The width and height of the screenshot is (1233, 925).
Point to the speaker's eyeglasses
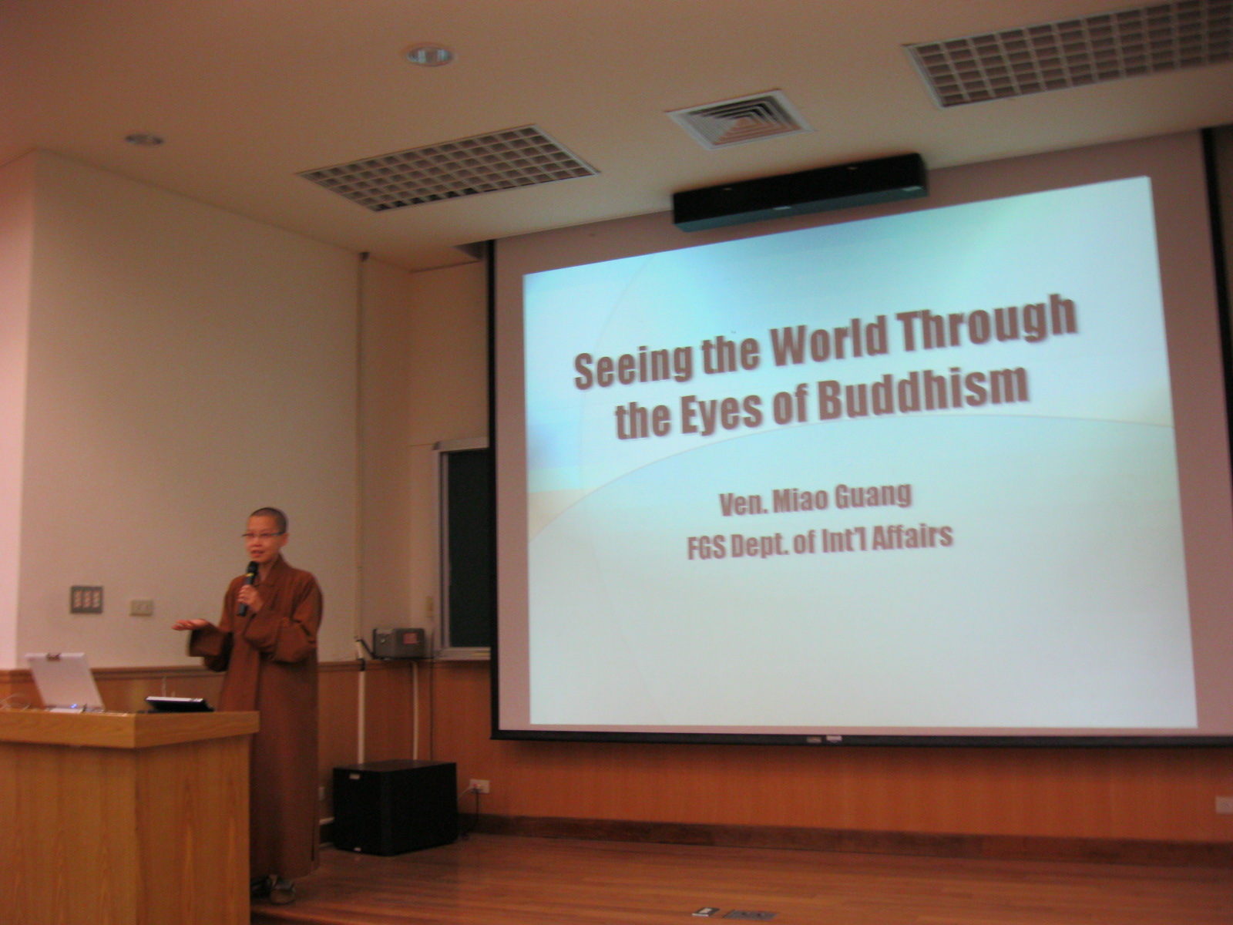point(262,536)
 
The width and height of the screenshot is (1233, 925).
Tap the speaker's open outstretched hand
point(190,624)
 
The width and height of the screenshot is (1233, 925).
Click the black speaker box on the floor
point(395,807)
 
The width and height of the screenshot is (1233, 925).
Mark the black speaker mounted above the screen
point(799,191)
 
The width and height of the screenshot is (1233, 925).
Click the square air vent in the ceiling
point(738,119)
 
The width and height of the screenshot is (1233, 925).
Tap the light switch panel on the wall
point(86,599)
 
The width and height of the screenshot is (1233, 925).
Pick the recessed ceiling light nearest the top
point(430,55)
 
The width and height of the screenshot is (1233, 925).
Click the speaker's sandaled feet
point(275,889)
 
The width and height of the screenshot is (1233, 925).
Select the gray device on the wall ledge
point(399,643)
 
